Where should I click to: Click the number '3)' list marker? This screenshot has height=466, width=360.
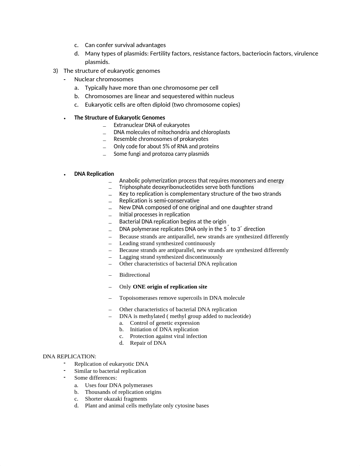[x=56, y=71]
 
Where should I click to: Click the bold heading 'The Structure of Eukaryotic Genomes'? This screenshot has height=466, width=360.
[x=120, y=118]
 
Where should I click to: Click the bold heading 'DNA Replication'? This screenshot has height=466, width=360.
[x=94, y=174]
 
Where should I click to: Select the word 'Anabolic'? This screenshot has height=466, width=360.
[x=129, y=181]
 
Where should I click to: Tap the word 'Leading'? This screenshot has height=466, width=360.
[x=129, y=243]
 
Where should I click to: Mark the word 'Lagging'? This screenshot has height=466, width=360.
[x=129, y=257]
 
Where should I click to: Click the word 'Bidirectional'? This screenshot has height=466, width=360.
[x=135, y=275]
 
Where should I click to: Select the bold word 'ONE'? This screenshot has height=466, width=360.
[x=139, y=287]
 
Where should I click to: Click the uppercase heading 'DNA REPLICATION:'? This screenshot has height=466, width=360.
[x=69, y=356]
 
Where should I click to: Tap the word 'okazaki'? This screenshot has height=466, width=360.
[x=115, y=399]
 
